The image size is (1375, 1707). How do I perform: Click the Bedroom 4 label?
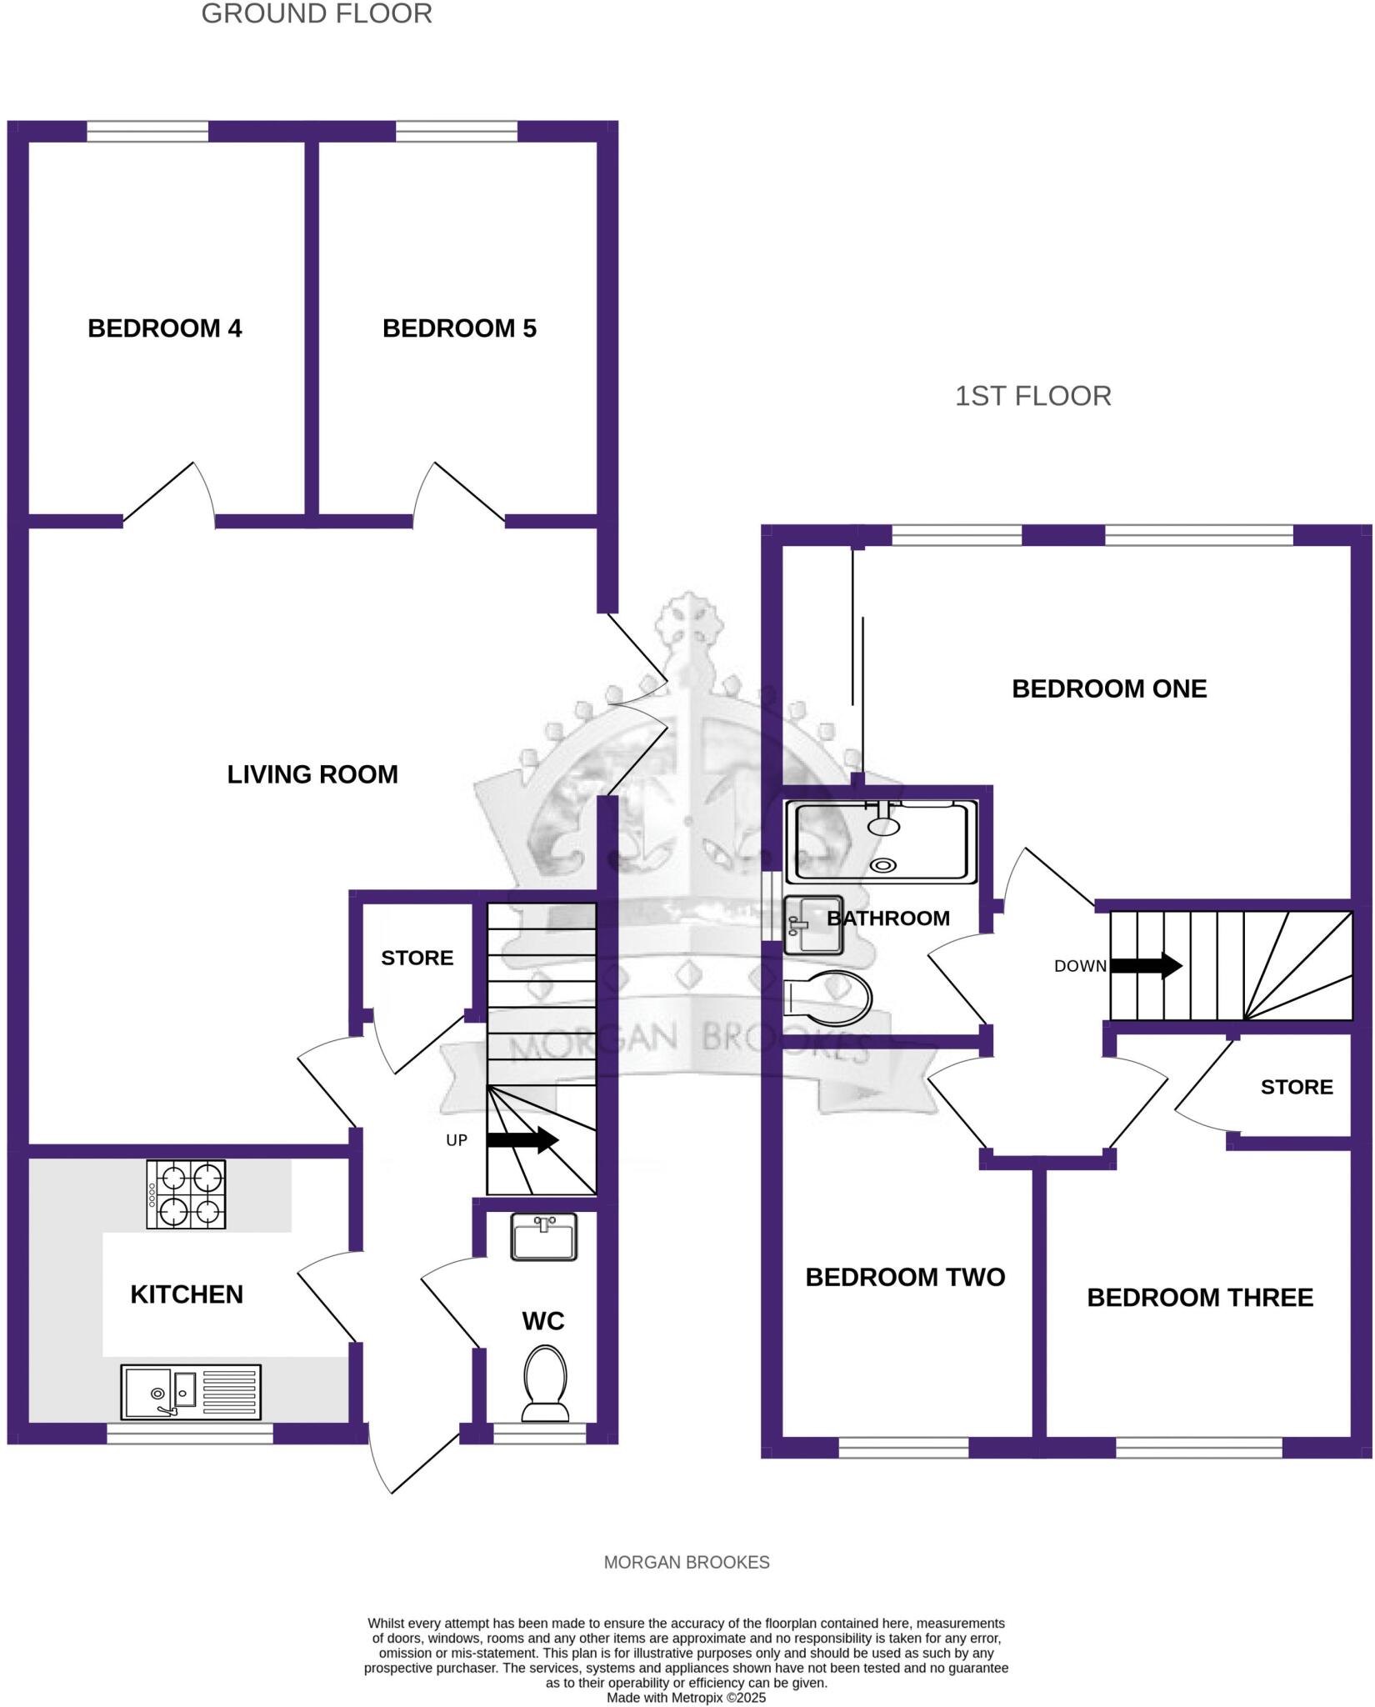tap(164, 328)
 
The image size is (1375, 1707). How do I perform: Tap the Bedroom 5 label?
tap(459, 328)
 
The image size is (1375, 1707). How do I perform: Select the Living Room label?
tap(312, 774)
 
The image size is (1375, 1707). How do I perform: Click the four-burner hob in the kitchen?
tap(186, 1194)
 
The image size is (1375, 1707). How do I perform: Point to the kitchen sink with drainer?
tap(191, 1392)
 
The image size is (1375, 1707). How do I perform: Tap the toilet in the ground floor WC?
tap(545, 1384)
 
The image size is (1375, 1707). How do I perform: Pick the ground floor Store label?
tap(417, 958)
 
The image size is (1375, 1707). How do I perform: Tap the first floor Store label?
tap(1296, 1087)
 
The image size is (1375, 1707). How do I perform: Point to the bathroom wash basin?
tap(813, 924)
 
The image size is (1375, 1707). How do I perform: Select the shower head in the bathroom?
tap(883, 824)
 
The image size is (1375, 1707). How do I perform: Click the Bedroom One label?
tap(1109, 688)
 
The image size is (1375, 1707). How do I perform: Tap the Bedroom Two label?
tap(905, 1277)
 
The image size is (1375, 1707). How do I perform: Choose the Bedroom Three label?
tap(1200, 1297)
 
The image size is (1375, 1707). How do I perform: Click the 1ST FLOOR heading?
tap(1032, 396)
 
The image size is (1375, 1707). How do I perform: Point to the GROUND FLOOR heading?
tap(317, 14)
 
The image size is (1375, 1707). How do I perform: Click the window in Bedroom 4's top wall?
tap(147, 132)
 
